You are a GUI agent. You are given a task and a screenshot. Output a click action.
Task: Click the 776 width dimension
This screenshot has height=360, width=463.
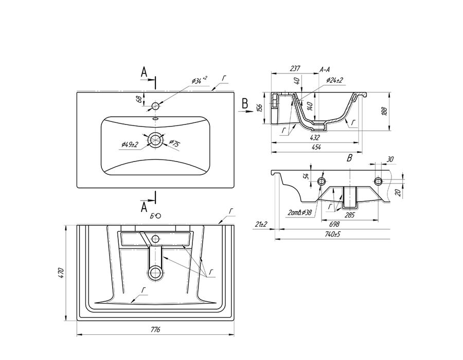[155, 330]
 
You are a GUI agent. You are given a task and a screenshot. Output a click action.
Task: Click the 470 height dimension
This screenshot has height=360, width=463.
[61, 273]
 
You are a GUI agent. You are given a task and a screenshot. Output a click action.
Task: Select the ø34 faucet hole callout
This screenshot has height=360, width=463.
[199, 80]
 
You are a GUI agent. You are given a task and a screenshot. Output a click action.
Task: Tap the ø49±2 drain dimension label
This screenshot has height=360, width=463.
[130, 145]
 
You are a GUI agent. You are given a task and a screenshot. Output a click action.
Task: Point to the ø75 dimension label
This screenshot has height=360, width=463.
[174, 143]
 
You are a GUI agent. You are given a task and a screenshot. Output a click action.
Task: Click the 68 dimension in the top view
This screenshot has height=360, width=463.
[138, 99]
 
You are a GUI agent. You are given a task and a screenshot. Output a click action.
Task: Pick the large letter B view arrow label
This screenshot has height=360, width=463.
[245, 104]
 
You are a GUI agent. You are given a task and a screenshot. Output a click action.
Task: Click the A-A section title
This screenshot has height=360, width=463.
[325, 69]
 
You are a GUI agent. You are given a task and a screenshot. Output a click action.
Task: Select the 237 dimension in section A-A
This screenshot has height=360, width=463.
[295, 68]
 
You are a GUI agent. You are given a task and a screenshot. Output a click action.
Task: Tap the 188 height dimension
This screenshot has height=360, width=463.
[384, 111]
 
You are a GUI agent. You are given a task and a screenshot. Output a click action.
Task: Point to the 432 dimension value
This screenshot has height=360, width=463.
[315, 137]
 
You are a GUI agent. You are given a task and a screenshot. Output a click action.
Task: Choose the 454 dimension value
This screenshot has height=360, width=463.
[316, 147]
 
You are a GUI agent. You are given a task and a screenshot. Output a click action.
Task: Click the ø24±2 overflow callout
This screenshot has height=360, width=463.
[334, 80]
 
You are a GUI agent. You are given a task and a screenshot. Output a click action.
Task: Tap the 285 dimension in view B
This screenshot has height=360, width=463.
[349, 215]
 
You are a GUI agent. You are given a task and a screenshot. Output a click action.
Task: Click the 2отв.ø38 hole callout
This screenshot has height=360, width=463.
[299, 212]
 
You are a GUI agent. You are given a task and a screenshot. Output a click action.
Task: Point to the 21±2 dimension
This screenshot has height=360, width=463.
[261, 224]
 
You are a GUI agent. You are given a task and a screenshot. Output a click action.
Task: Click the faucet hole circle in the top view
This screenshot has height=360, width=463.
[155, 105]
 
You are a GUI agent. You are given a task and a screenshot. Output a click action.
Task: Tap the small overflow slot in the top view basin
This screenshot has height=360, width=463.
[155, 119]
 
